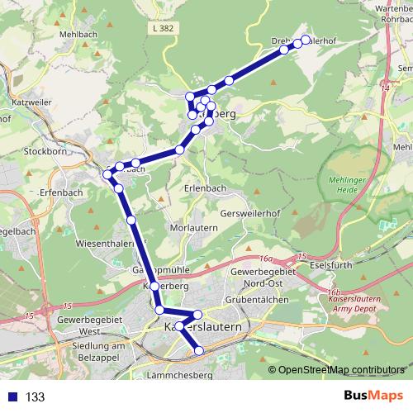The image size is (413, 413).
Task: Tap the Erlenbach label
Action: tap(206, 188)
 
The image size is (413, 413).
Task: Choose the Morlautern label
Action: tap(194, 227)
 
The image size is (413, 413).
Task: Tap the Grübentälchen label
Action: tap(260, 299)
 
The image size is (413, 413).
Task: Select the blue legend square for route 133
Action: tap(13, 397)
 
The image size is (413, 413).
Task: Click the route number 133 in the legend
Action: tap(36, 397)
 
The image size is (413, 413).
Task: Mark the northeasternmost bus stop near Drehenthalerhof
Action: tap(306, 40)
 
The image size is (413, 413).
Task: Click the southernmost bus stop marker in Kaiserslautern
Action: tap(198, 352)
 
